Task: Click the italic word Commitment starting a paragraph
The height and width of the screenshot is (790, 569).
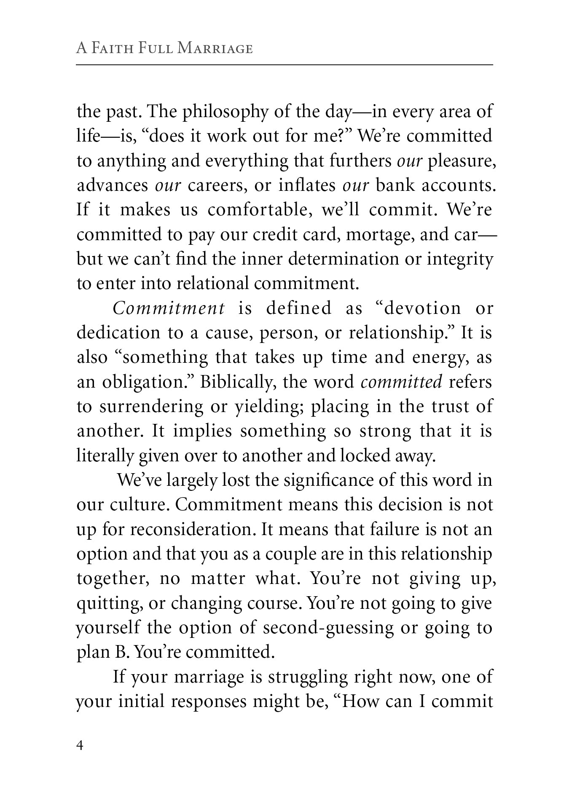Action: click(169, 308)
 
